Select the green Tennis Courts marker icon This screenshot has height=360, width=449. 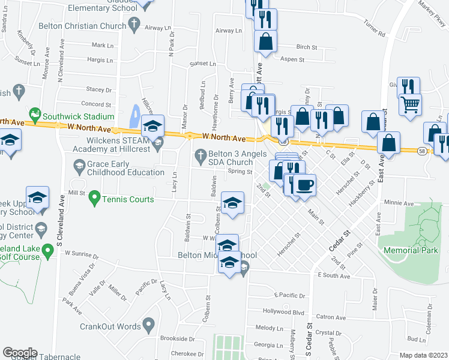pyautogui.click(x=94, y=197)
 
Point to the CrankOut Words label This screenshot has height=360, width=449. pyautogui.click(x=109, y=326)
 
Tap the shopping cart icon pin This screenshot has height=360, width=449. pyautogui.click(x=411, y=105)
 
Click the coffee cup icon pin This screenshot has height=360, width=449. pyautogui.click(x=305, y=185)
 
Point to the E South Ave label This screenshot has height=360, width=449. pyautogui.click(x=334, y=276)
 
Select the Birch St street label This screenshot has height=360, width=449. pyautogui.click(x=306, y=46)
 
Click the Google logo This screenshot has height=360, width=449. pyautogui.click(x=19, y=353)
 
